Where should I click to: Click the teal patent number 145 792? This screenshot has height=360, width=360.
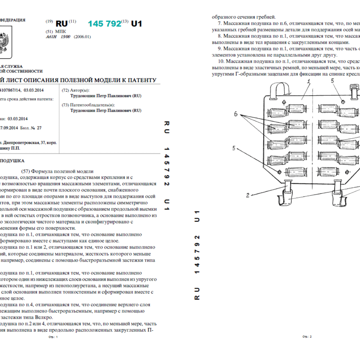pos(105,24)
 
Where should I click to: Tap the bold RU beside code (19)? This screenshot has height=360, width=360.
pos(61,24)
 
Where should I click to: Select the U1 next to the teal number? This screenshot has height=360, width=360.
pos(136,24)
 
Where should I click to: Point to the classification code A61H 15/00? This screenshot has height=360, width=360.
pos(58,37)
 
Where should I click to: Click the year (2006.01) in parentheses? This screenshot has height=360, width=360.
pos(82,37)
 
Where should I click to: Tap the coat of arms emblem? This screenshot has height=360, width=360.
pos(4,42)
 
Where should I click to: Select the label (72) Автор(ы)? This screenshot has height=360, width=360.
pos(75,90)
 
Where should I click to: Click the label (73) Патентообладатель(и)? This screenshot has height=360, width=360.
pos(88,105)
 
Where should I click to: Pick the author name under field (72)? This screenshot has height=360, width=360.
pos(106,96)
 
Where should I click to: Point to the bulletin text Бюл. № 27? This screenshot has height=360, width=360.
pos(31,128)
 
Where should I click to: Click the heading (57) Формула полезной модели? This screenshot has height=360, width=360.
pos(57,171)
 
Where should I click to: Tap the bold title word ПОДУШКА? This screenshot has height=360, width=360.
pos(12,161)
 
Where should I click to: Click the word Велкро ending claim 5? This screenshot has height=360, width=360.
pos(43,317)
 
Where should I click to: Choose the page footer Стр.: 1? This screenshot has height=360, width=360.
pos(53,337)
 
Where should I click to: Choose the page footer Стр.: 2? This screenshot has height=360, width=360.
pos(307,336)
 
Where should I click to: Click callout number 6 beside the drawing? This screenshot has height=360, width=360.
pos(236,114)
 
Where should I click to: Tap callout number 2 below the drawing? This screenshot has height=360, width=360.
pos(248,195)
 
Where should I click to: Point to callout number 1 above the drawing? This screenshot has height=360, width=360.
pos(308,82)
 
